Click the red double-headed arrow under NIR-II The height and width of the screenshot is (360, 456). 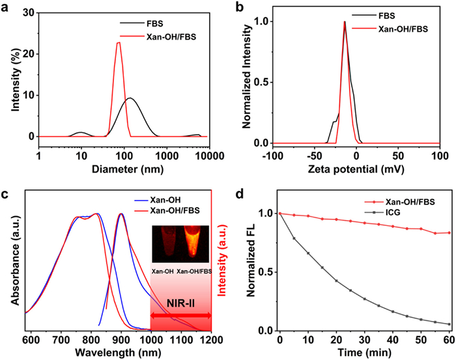coord(180,316)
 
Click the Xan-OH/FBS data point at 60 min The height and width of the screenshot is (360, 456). coord(449,232)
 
